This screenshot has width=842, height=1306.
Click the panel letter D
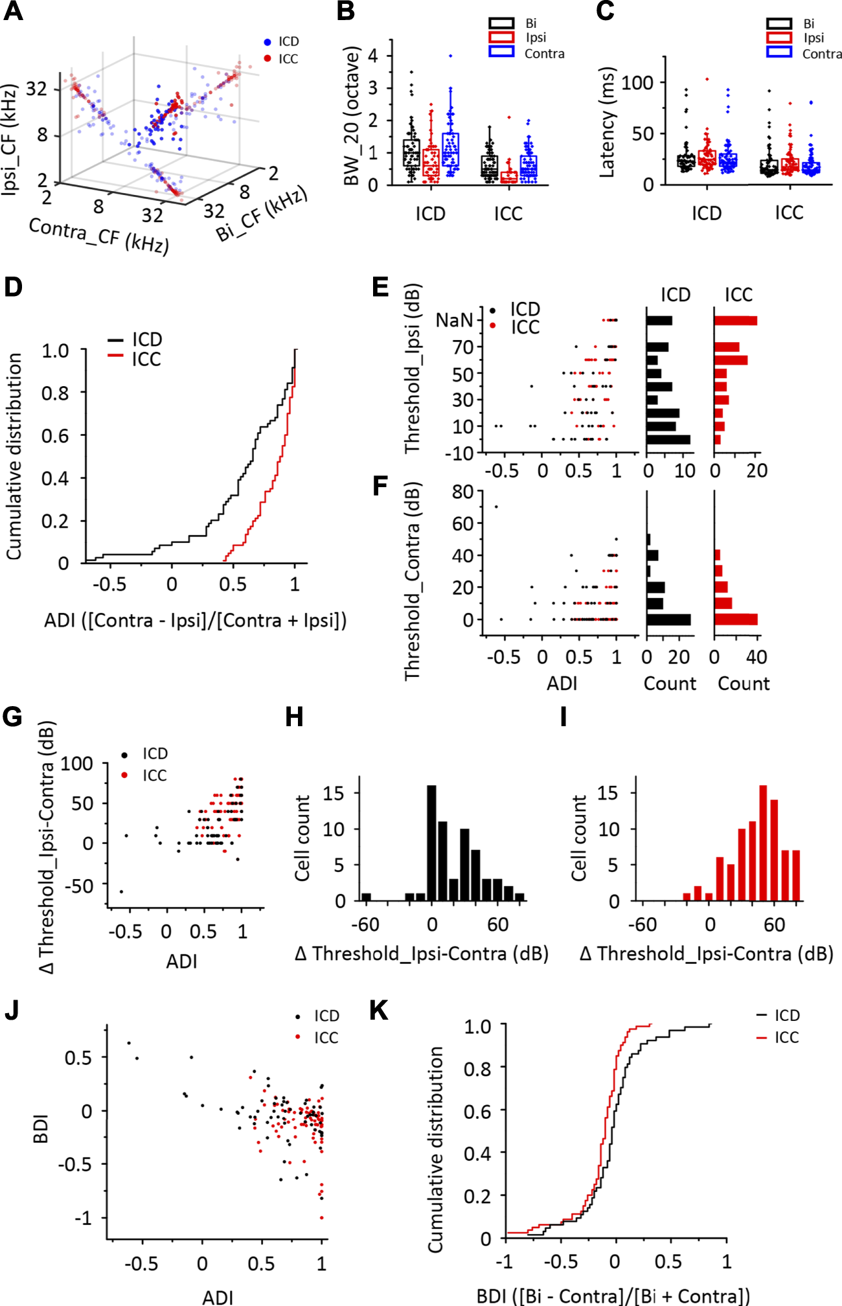click(13, 287)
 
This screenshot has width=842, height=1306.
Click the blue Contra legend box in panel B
click(501, 52)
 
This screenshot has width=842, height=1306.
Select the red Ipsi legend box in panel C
click(779, 38)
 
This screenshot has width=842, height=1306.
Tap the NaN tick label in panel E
click(454, 320)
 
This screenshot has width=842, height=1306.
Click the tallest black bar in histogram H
click(432, 843)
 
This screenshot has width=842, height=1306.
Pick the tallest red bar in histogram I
click(763, 843)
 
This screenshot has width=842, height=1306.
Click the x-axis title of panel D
click(195, 621)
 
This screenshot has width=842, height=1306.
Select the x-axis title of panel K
click(613, 1295)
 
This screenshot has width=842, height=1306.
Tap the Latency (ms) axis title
click(606, 121)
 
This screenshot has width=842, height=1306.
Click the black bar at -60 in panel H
click(366, 897)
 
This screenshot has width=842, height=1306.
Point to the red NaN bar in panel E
click(735, 321)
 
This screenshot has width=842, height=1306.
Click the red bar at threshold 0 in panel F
click(736, 619)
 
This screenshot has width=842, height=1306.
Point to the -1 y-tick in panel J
click(83, 1218)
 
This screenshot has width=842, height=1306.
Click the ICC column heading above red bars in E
click(738, 295)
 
